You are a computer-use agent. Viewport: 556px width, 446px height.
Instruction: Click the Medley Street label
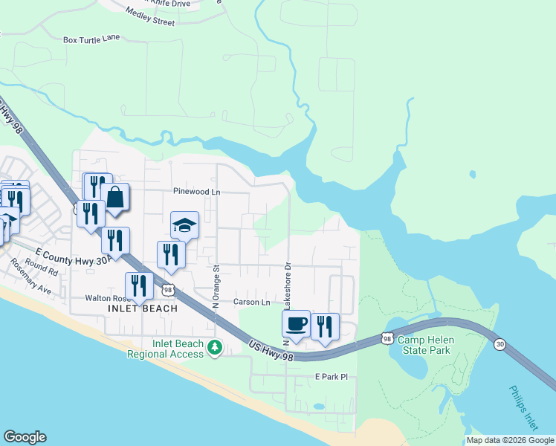(x=150, y=17)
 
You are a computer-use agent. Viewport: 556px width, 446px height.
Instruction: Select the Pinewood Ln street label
(x=197, y=192)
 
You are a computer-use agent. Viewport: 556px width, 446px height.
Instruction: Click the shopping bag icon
(x=115, y=198)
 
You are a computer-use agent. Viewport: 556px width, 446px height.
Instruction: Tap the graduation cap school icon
(x=184, y=225)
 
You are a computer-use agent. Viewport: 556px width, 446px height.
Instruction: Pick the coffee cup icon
(x=296, y=323)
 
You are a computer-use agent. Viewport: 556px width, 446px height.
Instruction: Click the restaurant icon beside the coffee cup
(x=325, y=326)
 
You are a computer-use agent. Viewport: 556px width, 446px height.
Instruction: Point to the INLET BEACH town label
(x=143, y=308)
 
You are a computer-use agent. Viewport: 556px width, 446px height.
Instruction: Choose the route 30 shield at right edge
(x=500, y=343)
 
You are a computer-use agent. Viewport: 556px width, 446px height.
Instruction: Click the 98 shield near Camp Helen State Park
(x=387, y=338)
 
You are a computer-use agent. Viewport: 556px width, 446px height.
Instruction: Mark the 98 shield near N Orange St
(x=169, y=289)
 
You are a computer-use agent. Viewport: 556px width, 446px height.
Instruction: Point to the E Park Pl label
(x=331, y=378)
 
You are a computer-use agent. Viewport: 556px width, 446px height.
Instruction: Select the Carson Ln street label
(x=252, y=303)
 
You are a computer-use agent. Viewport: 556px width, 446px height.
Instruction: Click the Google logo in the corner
(x=25, y=437)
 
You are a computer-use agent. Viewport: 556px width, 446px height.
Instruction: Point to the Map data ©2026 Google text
(x=509, y=440)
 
